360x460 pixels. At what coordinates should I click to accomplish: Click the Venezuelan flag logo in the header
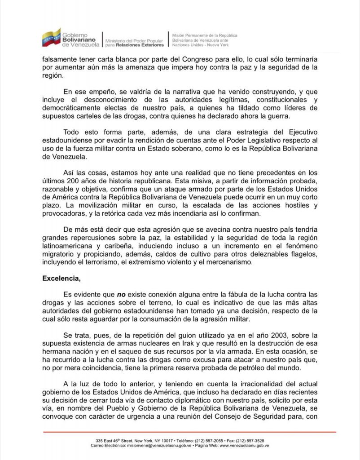coord(51,38)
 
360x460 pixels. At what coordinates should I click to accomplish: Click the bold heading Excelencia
coord(61,279)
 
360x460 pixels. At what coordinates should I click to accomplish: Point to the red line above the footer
coord(189,432)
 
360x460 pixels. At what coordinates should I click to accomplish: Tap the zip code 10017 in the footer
coord(170,441)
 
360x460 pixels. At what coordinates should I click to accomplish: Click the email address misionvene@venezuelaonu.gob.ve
coord(154,446)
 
